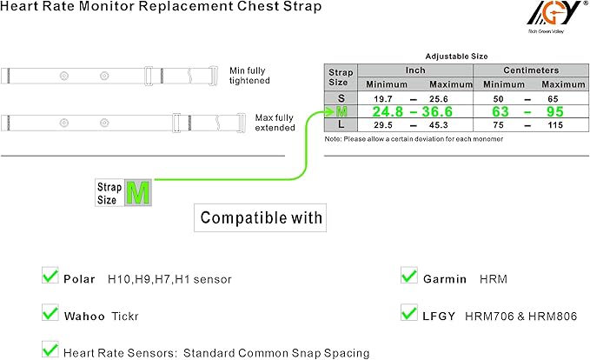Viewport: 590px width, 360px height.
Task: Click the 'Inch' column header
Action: (409, 69)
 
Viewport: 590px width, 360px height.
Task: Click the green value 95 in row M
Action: (556, 112)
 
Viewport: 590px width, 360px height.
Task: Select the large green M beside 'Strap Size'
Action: (137, 193)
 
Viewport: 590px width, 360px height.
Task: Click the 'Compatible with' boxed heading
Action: (261, 217)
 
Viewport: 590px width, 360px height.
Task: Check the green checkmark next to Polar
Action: (50, 277)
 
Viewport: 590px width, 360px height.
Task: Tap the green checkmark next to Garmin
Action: (409, 277)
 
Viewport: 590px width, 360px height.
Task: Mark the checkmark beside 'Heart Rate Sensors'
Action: (50, 350)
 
